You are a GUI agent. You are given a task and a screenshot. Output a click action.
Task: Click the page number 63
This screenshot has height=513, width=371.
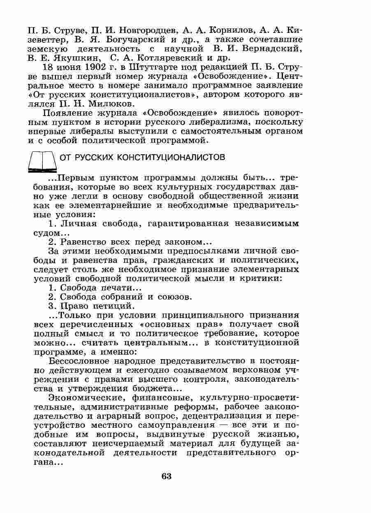click(166, 476)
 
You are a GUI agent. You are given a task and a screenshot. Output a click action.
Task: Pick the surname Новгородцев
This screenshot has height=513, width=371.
click(141, 31)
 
